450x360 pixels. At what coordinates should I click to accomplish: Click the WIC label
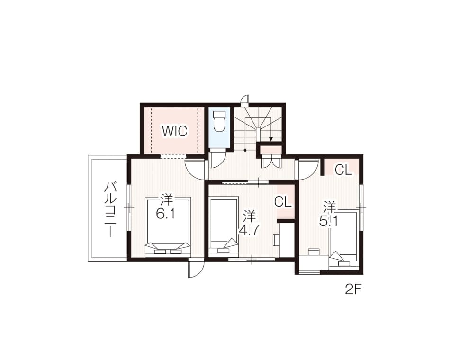174,131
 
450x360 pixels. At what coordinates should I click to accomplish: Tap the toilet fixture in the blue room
219,121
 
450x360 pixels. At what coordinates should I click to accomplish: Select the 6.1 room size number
166,213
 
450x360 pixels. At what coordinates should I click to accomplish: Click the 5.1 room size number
329,221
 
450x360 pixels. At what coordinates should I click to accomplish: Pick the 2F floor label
352,290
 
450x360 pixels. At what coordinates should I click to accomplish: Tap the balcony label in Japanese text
110,209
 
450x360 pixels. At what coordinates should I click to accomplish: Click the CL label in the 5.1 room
343,171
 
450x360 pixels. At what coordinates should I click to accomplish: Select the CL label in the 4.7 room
283,202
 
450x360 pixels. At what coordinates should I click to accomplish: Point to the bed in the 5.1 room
343,239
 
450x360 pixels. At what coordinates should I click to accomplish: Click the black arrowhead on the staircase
270,139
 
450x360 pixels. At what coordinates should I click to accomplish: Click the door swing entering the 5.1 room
308,170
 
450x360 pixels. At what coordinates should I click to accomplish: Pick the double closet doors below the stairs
270,162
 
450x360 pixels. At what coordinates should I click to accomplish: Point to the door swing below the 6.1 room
196,268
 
